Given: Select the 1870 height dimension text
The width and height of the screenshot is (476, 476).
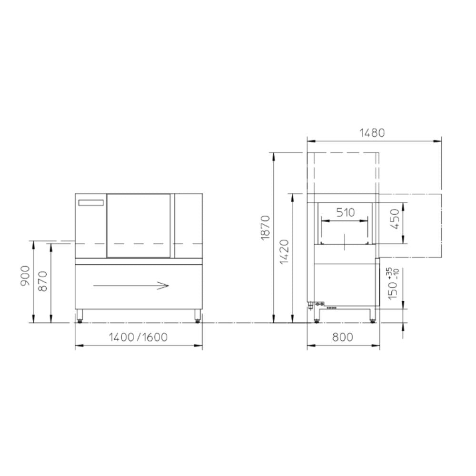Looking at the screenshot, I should (266, 227).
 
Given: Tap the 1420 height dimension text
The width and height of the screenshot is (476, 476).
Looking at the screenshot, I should (284, 252).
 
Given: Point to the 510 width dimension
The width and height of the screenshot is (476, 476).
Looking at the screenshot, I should (345, 212).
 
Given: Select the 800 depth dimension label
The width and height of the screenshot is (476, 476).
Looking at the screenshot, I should (342, 337).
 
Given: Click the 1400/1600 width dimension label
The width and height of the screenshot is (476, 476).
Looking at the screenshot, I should (138, 337).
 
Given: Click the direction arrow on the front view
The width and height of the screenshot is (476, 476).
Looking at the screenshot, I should (131, 286).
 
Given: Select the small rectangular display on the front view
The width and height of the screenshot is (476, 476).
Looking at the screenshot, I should (91, 203).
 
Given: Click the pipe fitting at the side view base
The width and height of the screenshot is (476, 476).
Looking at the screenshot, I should (317, 305).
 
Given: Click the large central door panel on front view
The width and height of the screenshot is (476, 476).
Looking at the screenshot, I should (138, 225).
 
